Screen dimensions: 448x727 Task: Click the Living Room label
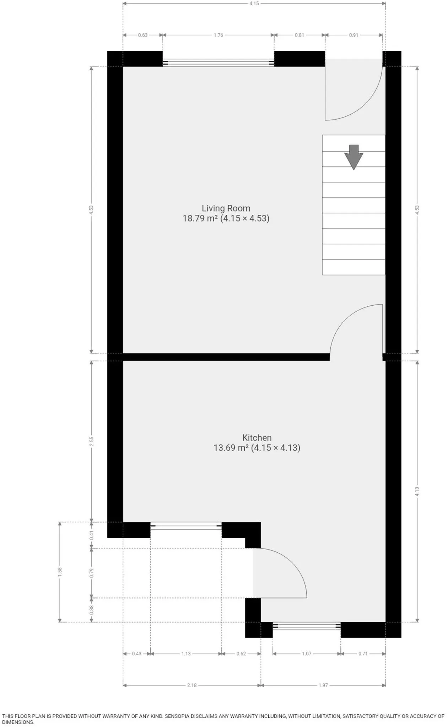tap(226, 208)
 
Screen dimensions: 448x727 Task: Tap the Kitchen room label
tap(257, 438)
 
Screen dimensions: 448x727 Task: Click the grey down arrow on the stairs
tap(353, 157)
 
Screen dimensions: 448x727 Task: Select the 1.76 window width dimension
tap(218, 35)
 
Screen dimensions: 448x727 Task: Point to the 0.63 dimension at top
tap(143, 35)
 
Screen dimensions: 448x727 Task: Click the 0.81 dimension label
tap(299, 35)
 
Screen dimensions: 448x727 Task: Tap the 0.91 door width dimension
tap(353, 35)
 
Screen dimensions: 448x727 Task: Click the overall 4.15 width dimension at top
tap(254, 4)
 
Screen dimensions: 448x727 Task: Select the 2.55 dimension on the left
tap(92, 441)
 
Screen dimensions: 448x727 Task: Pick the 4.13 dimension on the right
tap(417, 491)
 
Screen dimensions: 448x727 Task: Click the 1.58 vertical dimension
tap(60, 572)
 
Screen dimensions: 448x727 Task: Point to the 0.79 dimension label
tap(92, 573)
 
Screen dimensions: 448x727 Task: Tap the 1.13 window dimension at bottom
tap(186, 654)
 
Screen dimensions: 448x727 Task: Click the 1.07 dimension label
tap(307, 654)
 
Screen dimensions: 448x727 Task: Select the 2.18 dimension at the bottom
tap(192, 685)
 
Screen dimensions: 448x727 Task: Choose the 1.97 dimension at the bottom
tap(323, 685)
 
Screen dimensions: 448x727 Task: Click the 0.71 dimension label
tap(363, 654)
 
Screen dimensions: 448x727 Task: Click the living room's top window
tap(218, 63)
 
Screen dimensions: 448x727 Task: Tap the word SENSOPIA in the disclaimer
tap(180, 716)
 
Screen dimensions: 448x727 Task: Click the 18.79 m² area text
tap(200, 218)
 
